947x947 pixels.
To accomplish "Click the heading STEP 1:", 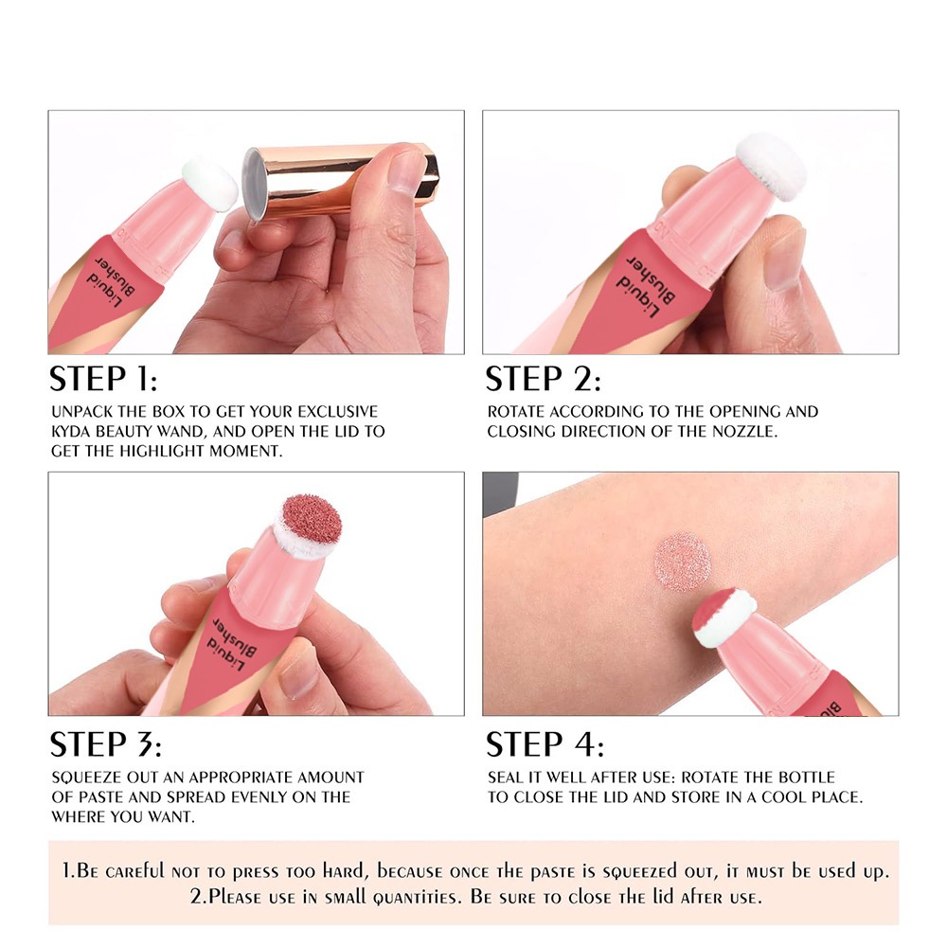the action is [102, 379].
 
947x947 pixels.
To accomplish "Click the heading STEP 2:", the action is [543, 379].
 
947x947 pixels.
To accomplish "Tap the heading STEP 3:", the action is [105, 743].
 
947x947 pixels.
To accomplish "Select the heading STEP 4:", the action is [545, 743].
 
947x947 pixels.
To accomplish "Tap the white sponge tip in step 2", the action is [772, 166].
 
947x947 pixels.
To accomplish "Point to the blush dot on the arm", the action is [682, 561].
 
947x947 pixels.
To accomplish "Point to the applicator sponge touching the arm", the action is [724, 617].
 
